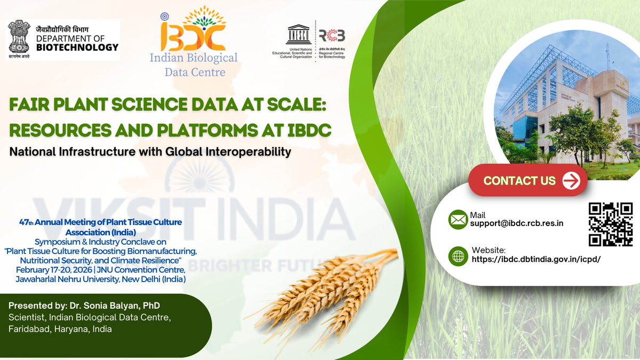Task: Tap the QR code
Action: pos(610,225)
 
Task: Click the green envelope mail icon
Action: pos(458,220)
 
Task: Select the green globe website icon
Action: pos(458,255)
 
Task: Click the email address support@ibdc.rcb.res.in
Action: pos(516,223)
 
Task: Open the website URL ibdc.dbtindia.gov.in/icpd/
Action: pos(536,260)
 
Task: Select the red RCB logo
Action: pos(332,35)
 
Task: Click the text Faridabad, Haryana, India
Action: pos(60,329)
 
